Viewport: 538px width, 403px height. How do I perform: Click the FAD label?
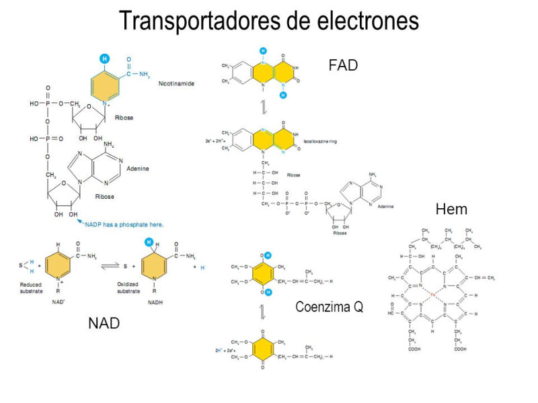343,65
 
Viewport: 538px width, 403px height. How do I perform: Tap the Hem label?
451,209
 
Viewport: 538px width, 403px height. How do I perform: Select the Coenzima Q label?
330,307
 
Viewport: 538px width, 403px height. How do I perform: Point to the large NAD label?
104,323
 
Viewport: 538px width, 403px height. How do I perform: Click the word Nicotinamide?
176,85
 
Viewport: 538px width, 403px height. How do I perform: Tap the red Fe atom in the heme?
433,295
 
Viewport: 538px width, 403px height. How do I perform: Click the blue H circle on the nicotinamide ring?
104,58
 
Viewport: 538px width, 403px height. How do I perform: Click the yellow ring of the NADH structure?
155,266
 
